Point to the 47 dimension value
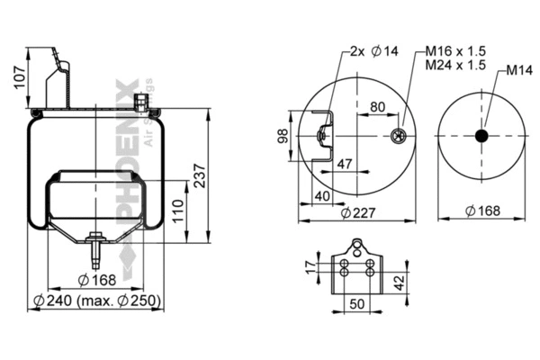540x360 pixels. point(344,165)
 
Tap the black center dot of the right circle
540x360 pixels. point(481,136)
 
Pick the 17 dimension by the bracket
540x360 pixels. point(308,266)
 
